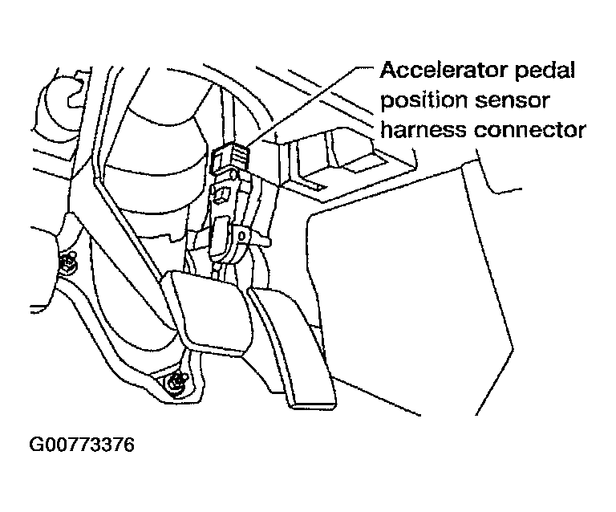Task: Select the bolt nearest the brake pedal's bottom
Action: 176,383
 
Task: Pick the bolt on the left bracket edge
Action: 69,261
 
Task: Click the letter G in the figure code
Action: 34,444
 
